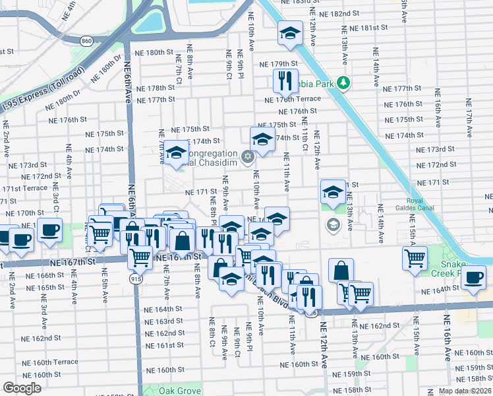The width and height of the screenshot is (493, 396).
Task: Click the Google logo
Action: (x=22, y=388)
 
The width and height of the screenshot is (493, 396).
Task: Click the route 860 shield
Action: (x=86, y=41)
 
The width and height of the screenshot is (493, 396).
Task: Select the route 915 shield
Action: (x=136, y=279)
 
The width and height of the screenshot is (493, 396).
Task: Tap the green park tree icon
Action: (x=343, y=83)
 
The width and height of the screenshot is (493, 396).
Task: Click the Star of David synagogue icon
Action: (x=248, y=156)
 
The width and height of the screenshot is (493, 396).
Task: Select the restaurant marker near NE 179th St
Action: (x=286, y=81)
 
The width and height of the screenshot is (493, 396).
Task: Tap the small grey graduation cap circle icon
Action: (x=333, y=226)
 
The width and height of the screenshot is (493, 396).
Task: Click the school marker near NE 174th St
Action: (x=262, y=139)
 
